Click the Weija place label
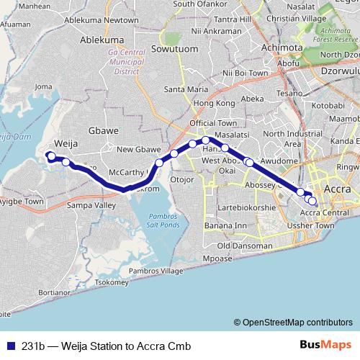click(x=66, y=144)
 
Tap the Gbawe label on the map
click(x=102, y=131)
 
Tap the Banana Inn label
click(x=225, y=226)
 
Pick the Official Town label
click(x=213, y=124)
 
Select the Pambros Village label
click(x=156, y=271)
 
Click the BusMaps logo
click(x=326, y=346)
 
